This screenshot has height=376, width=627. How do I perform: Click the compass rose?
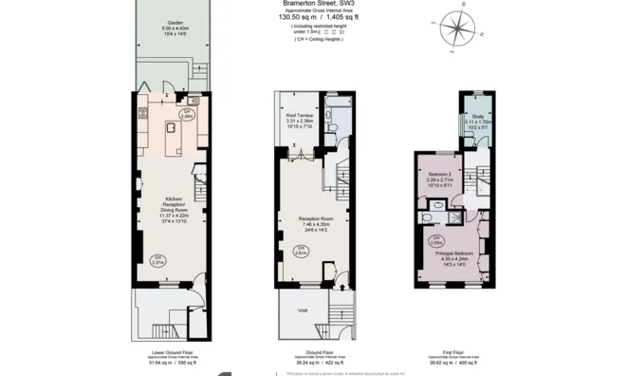(458, 28)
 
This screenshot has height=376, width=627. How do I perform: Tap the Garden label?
(171, 25)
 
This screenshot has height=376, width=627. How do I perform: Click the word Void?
(302, 310)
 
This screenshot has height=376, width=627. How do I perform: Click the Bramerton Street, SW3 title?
(319, 4)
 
